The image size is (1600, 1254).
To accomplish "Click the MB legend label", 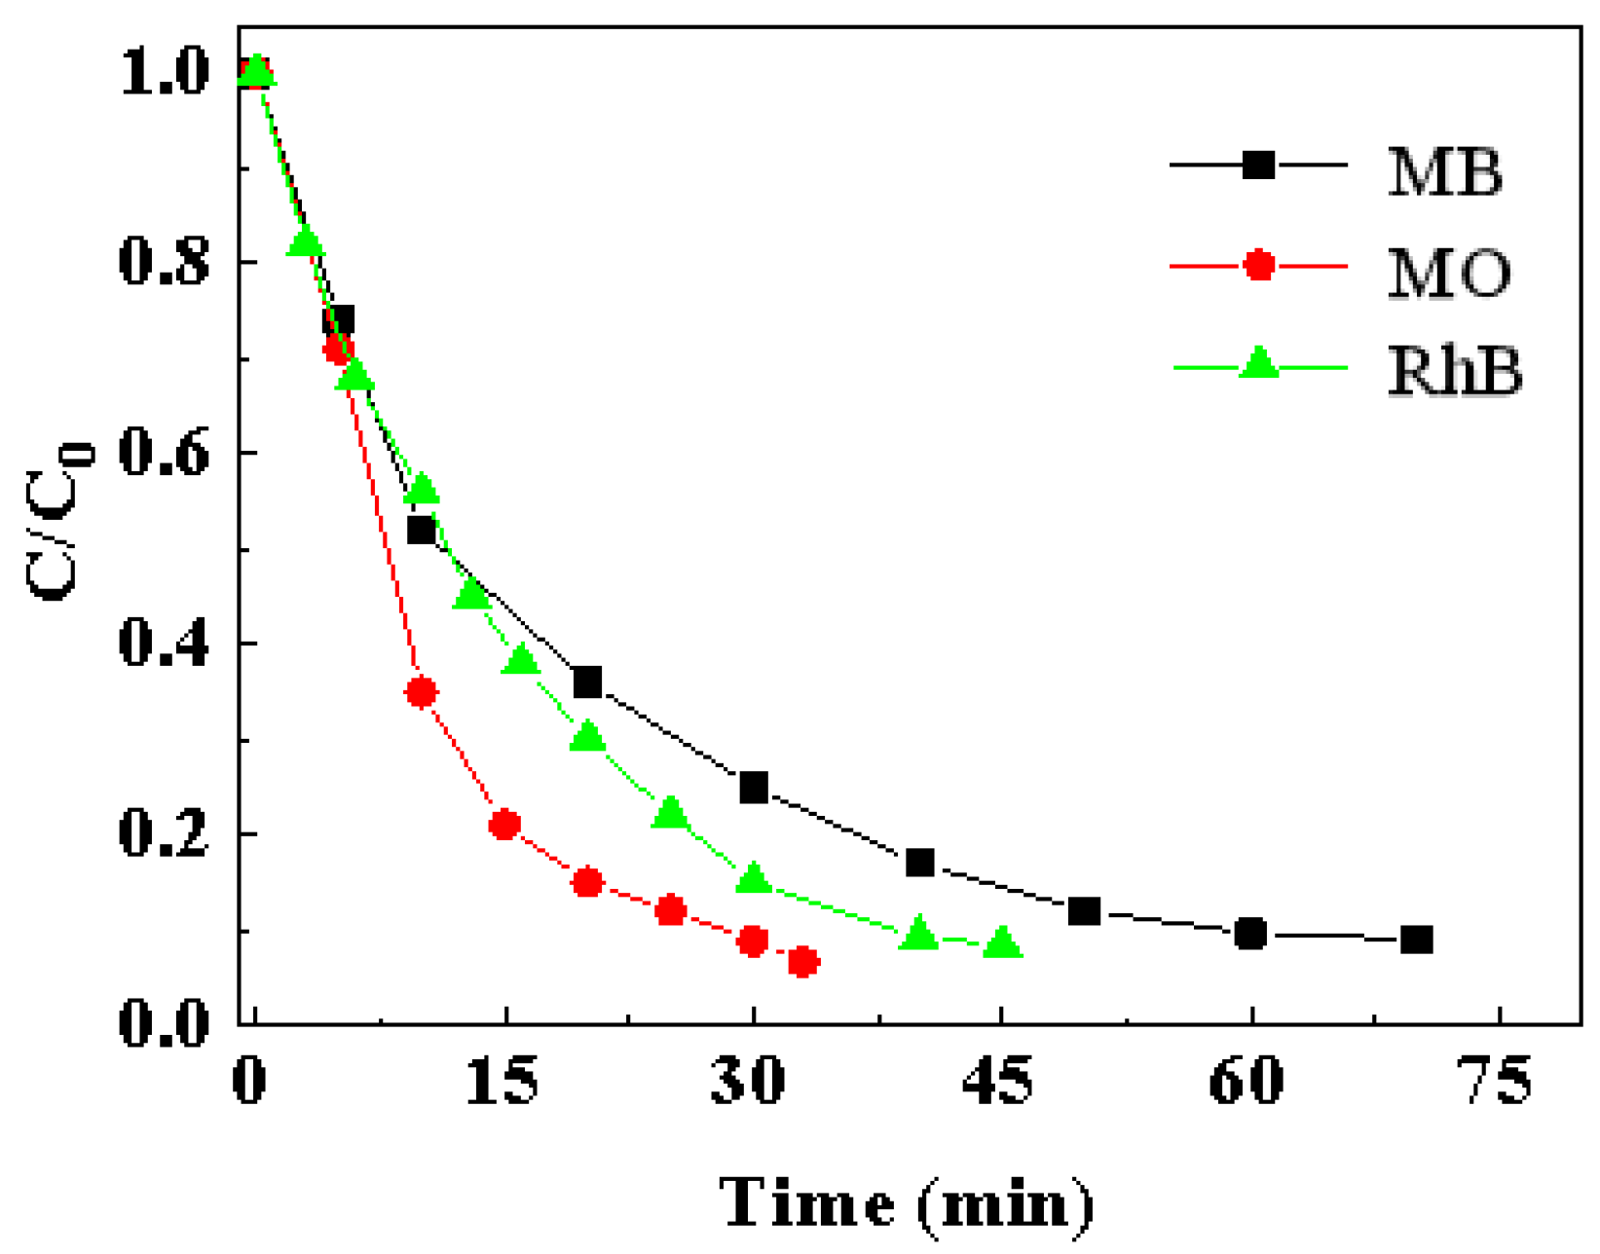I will [x=1445, y=172].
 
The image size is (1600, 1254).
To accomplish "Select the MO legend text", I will [x=1449, y=273].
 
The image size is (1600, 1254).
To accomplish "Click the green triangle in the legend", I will [x=1260, y=364].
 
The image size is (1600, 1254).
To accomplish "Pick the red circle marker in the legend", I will [x=1259, y=265].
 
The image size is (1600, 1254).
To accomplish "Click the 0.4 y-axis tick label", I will [x=164, y=643].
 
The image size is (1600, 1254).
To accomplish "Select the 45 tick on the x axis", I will [x=998, y=1080].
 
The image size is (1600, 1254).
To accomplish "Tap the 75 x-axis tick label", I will [x=1498, y=1080].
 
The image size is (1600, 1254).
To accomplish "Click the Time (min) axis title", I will [x=906, y=1203].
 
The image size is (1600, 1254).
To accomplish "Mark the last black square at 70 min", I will [x=1416, y=940].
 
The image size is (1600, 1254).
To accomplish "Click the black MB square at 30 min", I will [x=753, y=787].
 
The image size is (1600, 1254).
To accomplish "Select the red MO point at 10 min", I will [x=421, y=692].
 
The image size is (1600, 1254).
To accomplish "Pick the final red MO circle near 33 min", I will [x=802, y=962].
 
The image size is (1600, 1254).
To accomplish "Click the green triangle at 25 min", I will [x=670, y=812].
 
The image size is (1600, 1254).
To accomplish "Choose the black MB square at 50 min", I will [x=1084, y=911].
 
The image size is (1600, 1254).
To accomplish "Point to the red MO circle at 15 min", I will [x=503, y=825].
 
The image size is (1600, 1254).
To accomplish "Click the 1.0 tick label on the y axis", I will [x=164, y=72].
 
